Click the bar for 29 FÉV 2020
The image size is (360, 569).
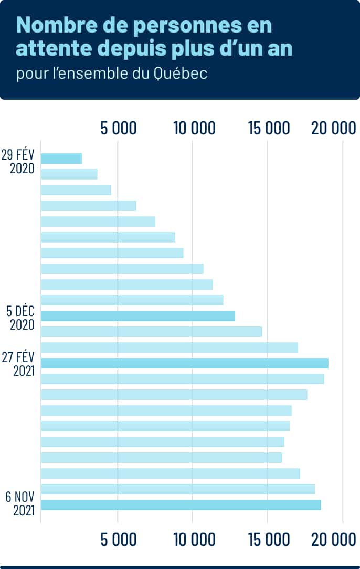(x=61, y=159)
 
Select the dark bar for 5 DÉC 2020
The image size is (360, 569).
(x=138, y=316)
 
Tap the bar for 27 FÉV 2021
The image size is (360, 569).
(x=185, y=363)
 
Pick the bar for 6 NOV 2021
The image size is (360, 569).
(x=181, y=505)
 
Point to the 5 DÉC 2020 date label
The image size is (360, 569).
(x=21, y=317)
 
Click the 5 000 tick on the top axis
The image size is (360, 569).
(x=118, y=128)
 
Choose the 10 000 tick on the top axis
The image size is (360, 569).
(x=193, y=128)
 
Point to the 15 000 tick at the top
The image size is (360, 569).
(x=268, y=128)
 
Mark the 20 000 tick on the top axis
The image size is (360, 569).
(x=334, y=128)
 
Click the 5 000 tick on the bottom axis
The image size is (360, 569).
(x=118, y=539)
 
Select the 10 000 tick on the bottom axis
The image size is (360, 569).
(x=193, y=539)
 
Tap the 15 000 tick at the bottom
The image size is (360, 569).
(x=268, y=539)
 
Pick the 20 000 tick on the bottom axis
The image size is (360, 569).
(x=334, y=539)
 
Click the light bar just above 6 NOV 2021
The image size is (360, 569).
(x=177, y=489)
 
